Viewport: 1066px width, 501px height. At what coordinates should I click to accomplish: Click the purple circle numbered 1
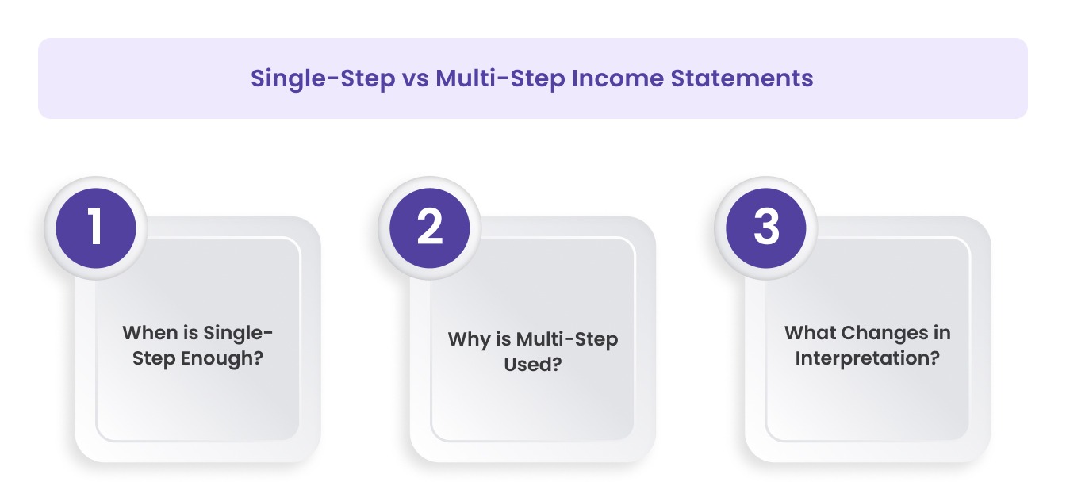96,228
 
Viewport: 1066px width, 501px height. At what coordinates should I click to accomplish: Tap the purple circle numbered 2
430,228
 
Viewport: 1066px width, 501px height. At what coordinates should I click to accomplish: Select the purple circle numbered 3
766,228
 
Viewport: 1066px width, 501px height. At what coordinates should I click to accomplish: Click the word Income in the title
615,78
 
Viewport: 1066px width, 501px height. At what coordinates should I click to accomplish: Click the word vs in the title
413,78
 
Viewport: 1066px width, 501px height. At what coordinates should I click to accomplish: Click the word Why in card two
467,339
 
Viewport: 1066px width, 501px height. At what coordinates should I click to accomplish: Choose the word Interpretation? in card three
868,358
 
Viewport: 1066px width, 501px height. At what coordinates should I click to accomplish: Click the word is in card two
501,339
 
